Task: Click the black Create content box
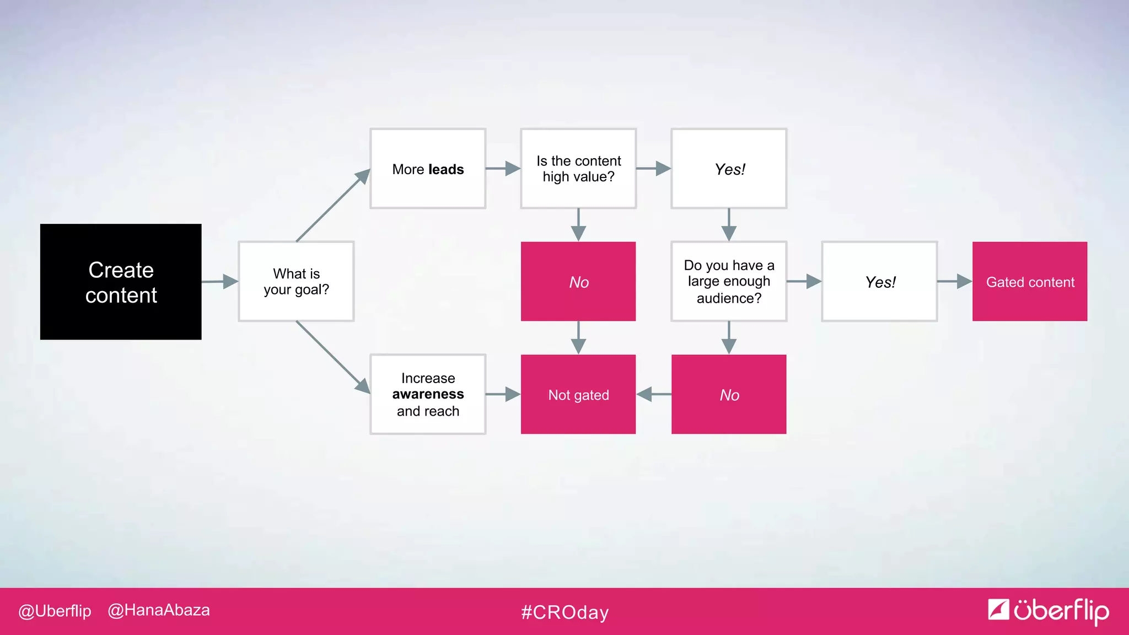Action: pyautogui.click(x=121, y=282)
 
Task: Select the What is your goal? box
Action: pyautogui.click(x=296, y=281)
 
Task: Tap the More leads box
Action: pyautogui.click(x=428, y=169)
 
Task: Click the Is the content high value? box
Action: pyautogui.click(x=578, y=169)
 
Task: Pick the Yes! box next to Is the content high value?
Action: pyautogui.click(x=729, y=169)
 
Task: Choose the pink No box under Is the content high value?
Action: pyautogui.click(x=578, y=282)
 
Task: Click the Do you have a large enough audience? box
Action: pyautogui.click(x=729, y=281)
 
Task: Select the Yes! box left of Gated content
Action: pyautogui.click(x=879, y=282)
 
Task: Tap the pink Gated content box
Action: pyautogui.click(x=1030, y=282)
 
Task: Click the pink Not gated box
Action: pyautogui.click(x=578, y=395)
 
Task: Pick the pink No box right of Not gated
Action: pyautogui.click(x=729, y=395)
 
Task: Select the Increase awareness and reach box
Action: pyautogui.click(x=428, y=395)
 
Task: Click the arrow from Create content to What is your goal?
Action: pyautogui.click(x=221, y=282)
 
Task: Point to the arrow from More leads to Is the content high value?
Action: pyautogui.click(x=503, y=169)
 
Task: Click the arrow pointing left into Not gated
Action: pyautogui.click(x=653, y=395)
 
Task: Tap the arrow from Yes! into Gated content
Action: pyautogui.click(x=955, y=282)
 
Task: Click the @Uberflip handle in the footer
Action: pyautogui.click(x=55, y=611)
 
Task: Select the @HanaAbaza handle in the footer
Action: pyautogui.click(x=159, y=610)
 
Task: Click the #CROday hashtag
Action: pyautogui.click(x=564, y=612)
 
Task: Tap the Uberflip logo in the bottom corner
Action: pyautogui.click(x=1048, y=611)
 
